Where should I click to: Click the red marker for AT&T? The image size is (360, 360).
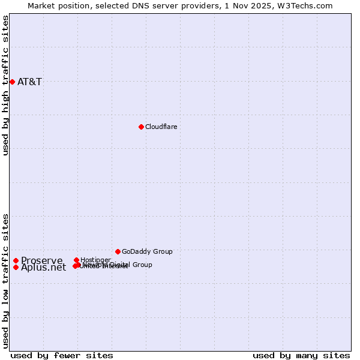click(12, 82)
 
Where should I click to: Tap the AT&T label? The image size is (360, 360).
click(29, 82)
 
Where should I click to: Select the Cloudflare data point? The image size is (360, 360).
click(141, 127)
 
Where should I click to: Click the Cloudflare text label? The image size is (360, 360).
click(161, 127)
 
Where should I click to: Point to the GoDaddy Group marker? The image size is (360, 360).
click(118, 251)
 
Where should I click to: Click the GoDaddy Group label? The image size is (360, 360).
click(147, 251)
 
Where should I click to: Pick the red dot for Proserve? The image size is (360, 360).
click(16, 260)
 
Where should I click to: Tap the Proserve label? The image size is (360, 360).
click(41, 260)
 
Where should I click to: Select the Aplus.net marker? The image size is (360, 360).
click(16, 267)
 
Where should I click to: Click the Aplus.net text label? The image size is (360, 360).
click(43, 268)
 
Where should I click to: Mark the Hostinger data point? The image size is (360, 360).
click(76, 260)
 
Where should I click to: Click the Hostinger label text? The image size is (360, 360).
click(95, 260)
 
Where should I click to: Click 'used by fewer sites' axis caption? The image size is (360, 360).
click(62, 355)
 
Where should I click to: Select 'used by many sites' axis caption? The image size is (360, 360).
click(301, 355)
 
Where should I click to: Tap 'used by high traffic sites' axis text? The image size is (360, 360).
click(6, 85)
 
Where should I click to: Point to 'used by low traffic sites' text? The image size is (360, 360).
click(6, 281)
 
